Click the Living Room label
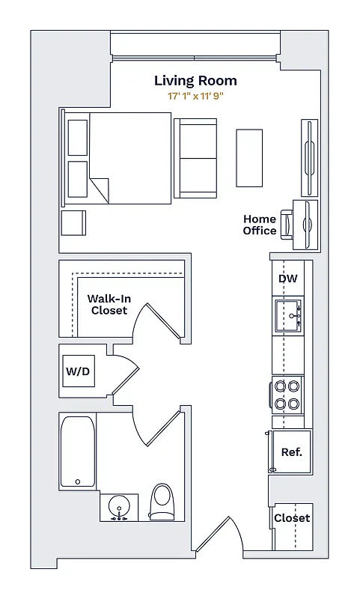(x=195, y=81)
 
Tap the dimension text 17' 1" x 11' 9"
(x=195, y=97)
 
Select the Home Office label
(x=259, y=225)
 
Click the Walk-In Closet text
(x=109, y=305)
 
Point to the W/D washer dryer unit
(x=78, y=371)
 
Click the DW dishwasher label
(x=288, y=279)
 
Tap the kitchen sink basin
(x=288, y=314)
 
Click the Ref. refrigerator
(x=291, y=452)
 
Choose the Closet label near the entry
(x=292, y=518)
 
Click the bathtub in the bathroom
(x=78, y=453)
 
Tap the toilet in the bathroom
(x=162, y=502)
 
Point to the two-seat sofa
(x=195, y=158)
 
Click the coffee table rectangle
(x=249, y=158)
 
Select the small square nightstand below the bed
(x=73, y=223)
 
